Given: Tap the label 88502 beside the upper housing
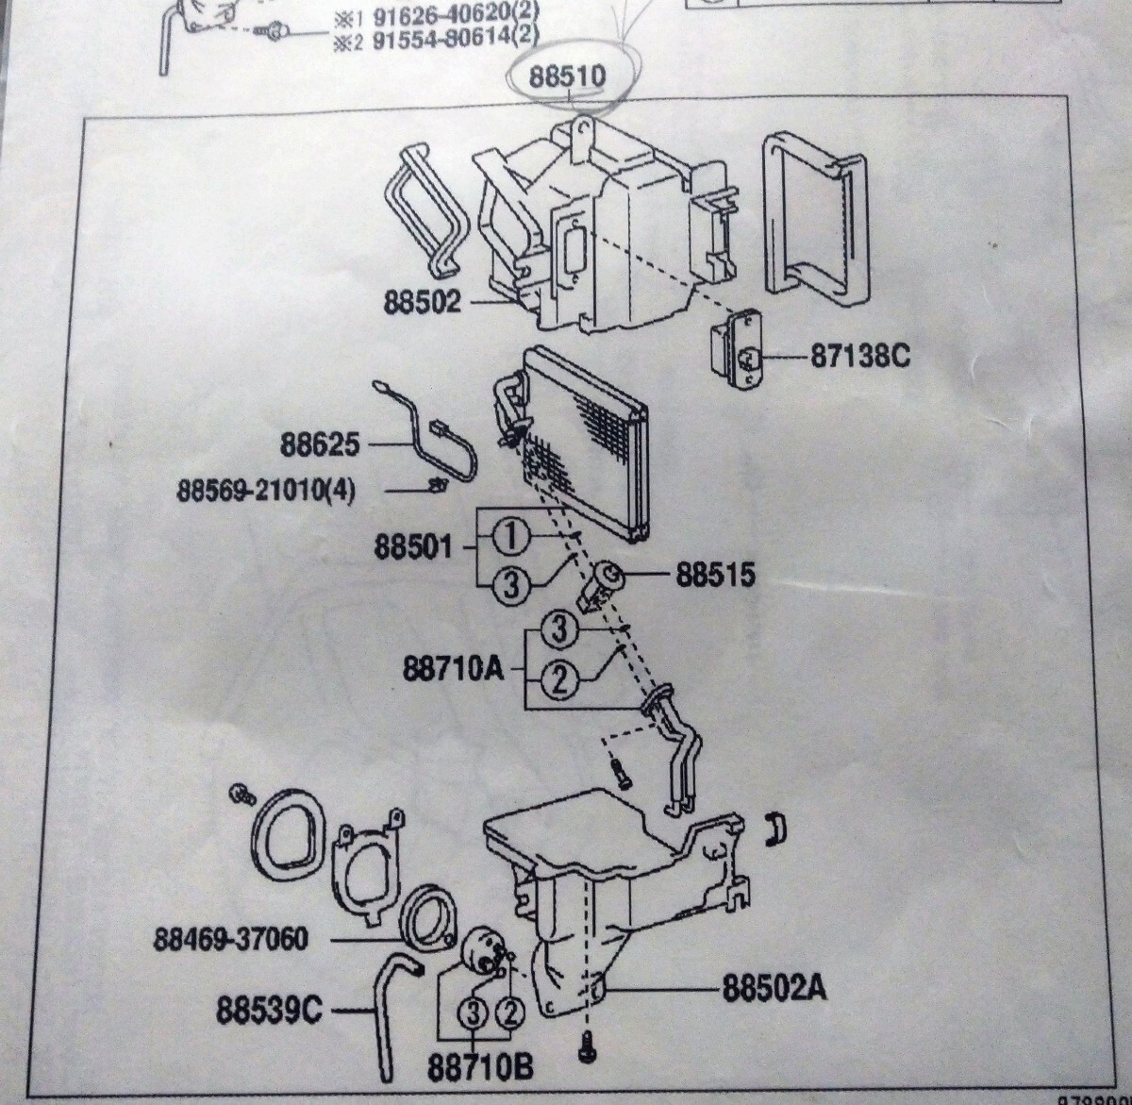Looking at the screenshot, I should [x=422, y=302].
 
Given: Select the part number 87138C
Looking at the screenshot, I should [x=858, y=358].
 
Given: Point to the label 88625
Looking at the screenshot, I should [x=319, y=443].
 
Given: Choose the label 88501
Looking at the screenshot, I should [x=413, y=547].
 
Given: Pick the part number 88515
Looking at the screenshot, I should [x=714, y=575].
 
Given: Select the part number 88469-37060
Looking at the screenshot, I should [x=232, y=940].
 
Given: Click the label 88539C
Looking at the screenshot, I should [x=269, y=1012].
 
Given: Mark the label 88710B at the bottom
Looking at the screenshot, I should [x=480, y=1067].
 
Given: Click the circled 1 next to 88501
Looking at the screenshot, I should [x=509, y=538].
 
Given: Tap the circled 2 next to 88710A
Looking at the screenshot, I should [x=559, y=679].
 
